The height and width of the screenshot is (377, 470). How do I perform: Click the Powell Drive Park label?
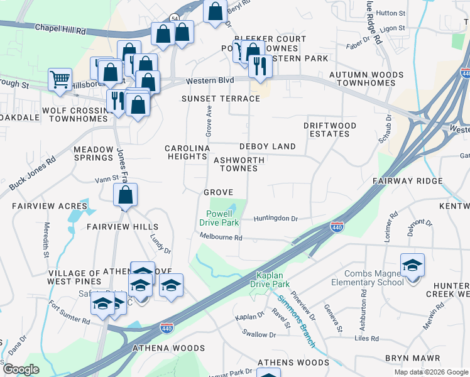coord(219,218)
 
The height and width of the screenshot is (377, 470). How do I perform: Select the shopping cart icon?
coord(60,80)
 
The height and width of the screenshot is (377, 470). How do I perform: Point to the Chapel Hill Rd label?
coord(60,28)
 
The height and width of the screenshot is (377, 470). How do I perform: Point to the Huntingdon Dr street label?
coord(275,219)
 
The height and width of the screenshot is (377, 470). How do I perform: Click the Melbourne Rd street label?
coord(221,238)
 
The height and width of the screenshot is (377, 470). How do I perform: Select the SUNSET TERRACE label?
coord(221,99)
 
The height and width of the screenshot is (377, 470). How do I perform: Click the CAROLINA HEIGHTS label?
coord(187,152)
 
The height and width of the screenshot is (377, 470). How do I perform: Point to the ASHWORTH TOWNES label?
coord(238,165)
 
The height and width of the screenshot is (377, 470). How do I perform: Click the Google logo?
coord(21,369)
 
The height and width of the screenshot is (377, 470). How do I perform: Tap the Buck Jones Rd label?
coord(32,173)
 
